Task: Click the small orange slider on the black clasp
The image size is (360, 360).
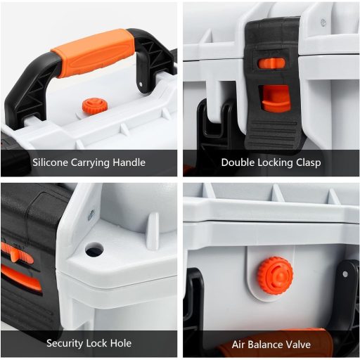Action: pos(271,63)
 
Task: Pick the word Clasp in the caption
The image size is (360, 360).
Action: pos(309,162)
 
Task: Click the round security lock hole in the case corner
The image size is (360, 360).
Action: pos(94,249)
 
